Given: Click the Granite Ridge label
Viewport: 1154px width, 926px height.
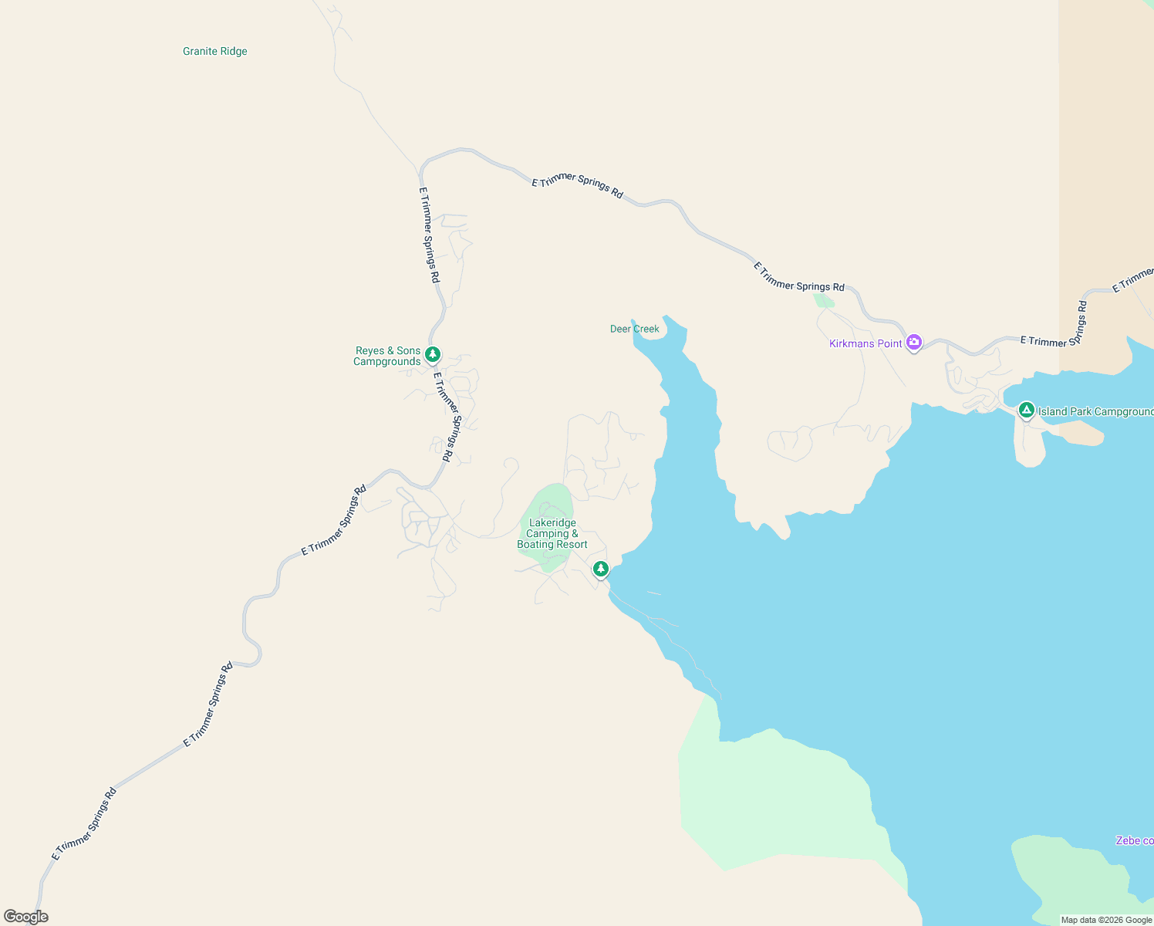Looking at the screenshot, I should [x=215, y=52].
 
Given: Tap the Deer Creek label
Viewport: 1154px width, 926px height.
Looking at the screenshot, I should [x=634, y=330].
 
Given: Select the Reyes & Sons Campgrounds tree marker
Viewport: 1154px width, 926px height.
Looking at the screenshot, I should [x=433, y=354].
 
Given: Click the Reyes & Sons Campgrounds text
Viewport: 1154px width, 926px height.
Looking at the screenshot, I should [x=387, y=357].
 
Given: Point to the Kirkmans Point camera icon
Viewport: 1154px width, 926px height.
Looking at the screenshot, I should [x=914, y=342].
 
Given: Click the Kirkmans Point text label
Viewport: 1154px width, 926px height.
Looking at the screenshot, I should [x=865, y=344].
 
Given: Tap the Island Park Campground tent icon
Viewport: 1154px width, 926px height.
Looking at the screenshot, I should [x=1026, y=410].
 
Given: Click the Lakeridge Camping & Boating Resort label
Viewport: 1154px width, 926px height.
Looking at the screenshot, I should [x=552, y=534].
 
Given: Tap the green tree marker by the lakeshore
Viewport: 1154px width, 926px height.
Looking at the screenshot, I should [x=601, y=569].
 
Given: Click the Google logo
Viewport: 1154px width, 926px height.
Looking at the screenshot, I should [x=26, y=917].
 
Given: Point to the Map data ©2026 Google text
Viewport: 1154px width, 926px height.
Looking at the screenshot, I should [x=1106, y=920].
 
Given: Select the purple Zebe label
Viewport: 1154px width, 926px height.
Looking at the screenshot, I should [x=1134, y=840].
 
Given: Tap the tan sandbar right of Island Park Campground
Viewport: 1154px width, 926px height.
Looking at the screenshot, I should [x=1080, y=434].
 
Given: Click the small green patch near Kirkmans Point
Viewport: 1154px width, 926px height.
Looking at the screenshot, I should [x=824, y=300].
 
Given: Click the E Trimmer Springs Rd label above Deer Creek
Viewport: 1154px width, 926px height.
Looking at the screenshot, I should [x=578, y=185].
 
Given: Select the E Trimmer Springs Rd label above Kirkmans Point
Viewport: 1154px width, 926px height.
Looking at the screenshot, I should [x=799, y=278].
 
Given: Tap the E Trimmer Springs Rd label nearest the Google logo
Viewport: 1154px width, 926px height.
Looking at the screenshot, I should [x=85, y=823].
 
